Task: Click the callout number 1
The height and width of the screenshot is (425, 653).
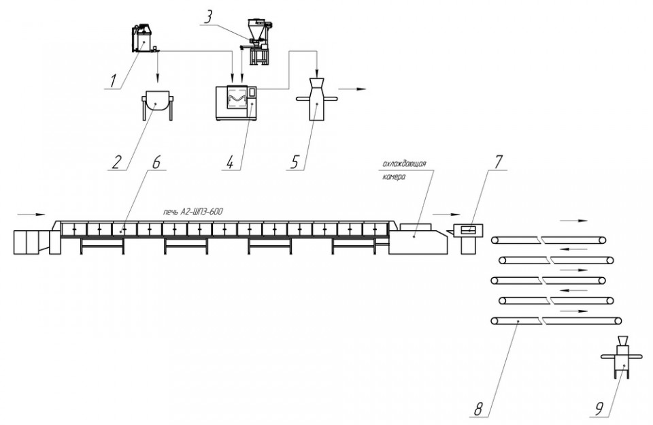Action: point(112,81)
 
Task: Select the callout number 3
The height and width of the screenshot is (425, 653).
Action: point(208,18)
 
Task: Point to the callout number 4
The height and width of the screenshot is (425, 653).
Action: point(231,162)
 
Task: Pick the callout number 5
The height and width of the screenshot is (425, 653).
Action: point(295,162)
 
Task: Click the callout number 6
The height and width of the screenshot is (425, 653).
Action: point(156,162)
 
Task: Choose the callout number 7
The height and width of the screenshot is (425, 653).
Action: point(499,162)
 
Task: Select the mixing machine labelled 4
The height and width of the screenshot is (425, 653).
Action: point(236,103)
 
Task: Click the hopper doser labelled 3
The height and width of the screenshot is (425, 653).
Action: point(258,42)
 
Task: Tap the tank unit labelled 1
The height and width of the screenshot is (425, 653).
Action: point(144,39)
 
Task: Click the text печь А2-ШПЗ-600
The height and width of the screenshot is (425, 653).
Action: point(192,212)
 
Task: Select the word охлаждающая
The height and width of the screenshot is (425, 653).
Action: point(404,163)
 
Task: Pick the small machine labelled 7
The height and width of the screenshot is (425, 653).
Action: point(469,238)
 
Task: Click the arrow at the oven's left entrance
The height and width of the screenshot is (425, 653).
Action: point(31,215)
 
